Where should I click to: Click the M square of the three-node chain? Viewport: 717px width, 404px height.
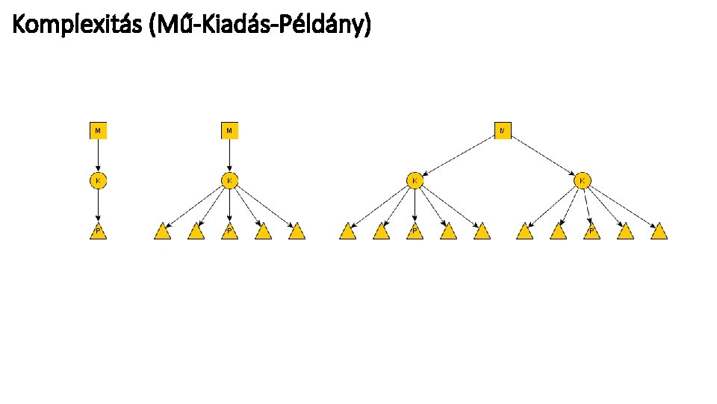click(98, 130)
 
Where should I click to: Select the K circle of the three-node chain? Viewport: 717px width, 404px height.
click(98, 180)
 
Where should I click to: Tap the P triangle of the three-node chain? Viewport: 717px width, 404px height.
click(98, 231)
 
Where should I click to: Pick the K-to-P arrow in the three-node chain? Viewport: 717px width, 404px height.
click(98, 205)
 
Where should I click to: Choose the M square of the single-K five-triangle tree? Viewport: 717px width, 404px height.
click(229, 130)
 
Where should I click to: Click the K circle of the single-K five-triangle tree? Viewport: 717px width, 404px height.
click(229, 180)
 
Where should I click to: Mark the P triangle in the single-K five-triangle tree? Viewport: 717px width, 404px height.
click(229, 231)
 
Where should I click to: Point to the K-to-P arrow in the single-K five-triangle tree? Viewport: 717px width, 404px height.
click(229, 205)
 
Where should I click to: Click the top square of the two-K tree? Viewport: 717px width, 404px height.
click(503, 130)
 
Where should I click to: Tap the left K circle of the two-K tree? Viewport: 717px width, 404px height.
click(415, 180)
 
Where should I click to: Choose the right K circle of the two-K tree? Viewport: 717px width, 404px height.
click(583, 180)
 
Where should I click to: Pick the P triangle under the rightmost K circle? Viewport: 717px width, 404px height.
click(592, 231)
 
